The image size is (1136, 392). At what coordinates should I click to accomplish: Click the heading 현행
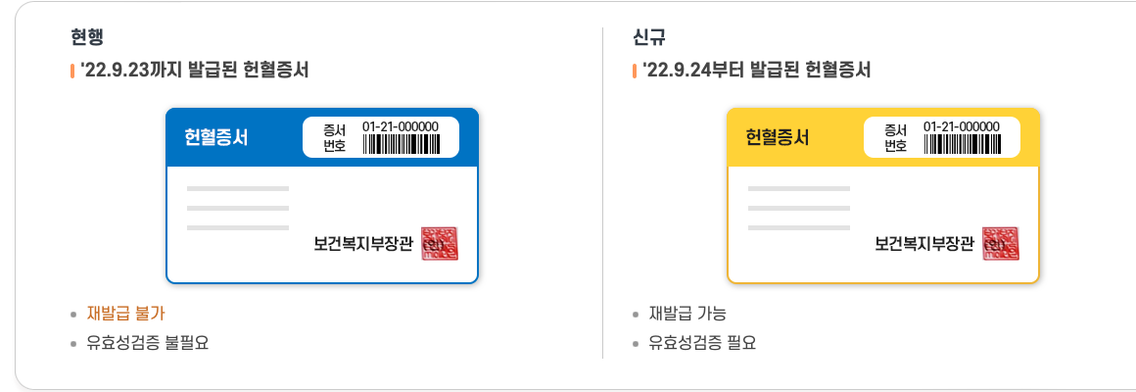tap(87, 38)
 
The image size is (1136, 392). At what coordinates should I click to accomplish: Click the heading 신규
tap(648, 38)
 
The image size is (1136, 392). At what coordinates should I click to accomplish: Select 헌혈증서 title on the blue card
tap(216, 137)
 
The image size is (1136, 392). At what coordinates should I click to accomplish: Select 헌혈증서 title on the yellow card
tap(778, 137)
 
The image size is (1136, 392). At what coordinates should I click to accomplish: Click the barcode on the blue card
tap(401, 145)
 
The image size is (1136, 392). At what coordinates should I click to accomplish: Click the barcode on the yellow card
tap(962, 145)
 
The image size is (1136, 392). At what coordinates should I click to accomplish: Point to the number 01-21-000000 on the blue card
tap(401, 126)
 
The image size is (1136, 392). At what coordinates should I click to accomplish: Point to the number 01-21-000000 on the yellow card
tap(962, 126)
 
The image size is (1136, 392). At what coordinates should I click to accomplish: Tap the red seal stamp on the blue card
tap(440, 244)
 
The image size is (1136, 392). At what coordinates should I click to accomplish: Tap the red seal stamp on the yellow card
tap(1001, 244)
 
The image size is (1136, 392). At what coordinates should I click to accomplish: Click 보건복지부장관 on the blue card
tap(363, 244)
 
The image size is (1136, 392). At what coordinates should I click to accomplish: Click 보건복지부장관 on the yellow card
tap(924, 244)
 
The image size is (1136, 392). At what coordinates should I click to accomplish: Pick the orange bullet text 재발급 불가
tap(126, 314)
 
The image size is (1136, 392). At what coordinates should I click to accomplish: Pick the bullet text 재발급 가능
tap(687, 314)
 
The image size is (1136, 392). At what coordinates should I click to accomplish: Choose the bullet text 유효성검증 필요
tap(702, 343)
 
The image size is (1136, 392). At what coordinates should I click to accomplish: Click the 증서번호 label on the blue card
tap(335, 138)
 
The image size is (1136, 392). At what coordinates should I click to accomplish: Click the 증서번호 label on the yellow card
tap(896, 138)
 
